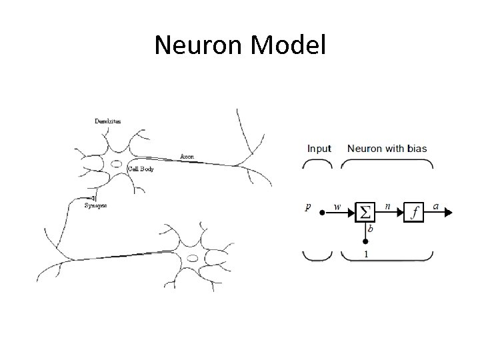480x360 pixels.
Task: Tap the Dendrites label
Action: coord(108,121)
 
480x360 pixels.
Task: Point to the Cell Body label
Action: coord(141,169)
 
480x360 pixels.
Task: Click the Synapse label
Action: coord(96,205)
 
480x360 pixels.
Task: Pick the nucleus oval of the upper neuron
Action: coord(116,163)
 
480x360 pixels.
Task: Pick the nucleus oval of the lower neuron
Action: coord(193,257)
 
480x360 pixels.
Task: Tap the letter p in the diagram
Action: coord(308,207)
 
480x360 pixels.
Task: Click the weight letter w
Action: coord(337,207)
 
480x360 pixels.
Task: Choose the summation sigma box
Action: coord(365,212)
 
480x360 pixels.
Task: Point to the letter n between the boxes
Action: coord(387,207)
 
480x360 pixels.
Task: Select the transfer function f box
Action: coord(415,212)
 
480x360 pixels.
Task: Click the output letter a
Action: coord(436,207)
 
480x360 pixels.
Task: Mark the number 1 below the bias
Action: coord(365,255)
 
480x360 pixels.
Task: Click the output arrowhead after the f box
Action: coord(448,213)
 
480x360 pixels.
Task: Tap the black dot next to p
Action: coord(322,213)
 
